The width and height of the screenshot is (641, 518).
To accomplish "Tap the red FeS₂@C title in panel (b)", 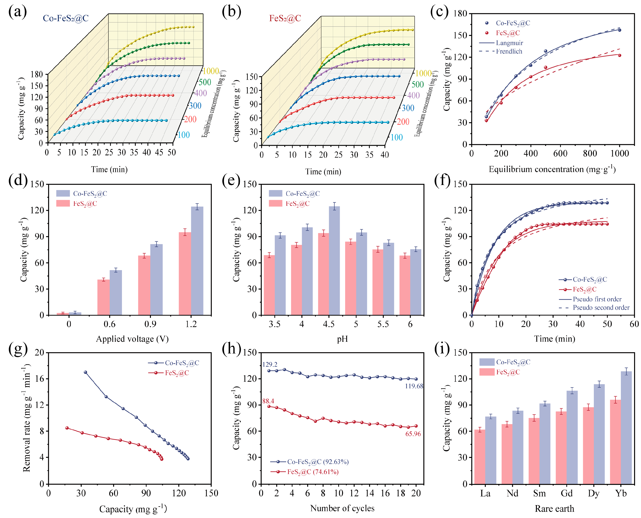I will (285, 18).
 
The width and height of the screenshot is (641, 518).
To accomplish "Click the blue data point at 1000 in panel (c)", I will (620, 30).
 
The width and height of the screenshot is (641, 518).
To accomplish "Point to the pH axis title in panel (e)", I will (342, 339).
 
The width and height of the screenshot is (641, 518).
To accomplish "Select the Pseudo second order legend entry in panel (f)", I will (601, 308).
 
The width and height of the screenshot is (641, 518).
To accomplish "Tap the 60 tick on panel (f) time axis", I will (634, 324).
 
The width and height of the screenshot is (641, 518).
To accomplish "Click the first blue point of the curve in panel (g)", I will (86, 372).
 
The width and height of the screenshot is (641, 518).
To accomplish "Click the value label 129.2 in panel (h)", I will (270, 364).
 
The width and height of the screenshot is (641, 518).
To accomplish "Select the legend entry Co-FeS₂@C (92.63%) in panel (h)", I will (318, 462).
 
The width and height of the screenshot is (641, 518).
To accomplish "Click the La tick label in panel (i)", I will (485, 494).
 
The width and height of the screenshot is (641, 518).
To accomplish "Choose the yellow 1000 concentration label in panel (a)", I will (211, 71).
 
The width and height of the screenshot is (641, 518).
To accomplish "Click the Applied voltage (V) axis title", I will (132, 339).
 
